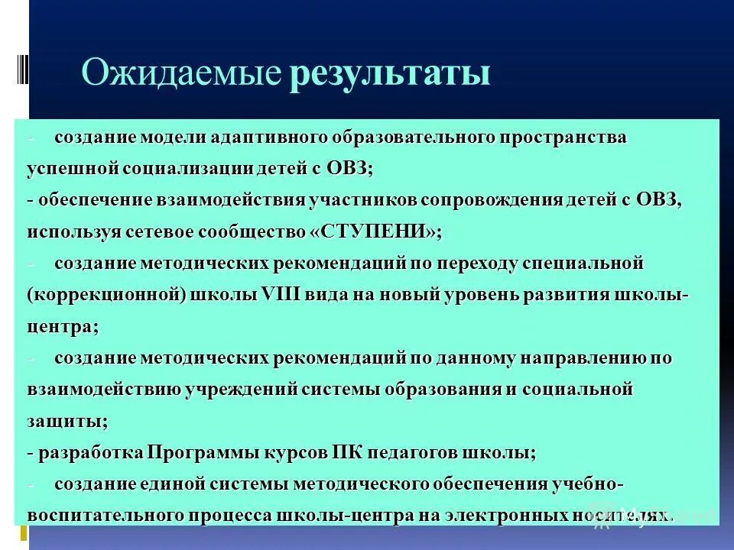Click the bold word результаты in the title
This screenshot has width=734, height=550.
click(389, 75)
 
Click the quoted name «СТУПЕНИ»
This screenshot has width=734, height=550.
click(376, 231)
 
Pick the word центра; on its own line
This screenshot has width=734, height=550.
click(63, 326)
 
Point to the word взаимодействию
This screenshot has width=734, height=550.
click(105, 390)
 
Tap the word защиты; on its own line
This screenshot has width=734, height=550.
click(67, 421)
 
